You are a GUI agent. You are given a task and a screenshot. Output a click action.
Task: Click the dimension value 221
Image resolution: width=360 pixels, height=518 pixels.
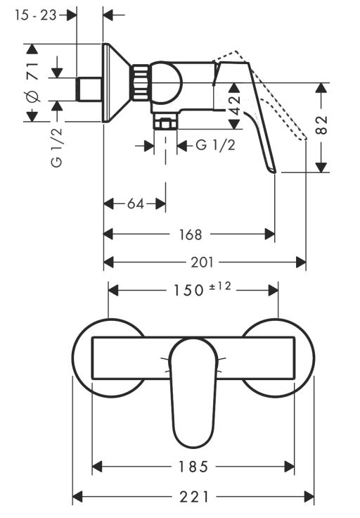(x=193, y=496)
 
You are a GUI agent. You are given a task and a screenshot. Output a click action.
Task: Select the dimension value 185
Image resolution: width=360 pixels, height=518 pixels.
(x=193, y=467)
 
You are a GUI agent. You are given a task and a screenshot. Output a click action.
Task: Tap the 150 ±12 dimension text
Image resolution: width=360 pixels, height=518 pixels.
(x=202, y=289)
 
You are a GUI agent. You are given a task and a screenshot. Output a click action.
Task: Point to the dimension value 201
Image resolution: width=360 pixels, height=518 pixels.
(x=202, y=263)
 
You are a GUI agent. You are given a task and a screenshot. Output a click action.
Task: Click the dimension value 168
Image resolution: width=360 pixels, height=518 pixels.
(x=191, y=234)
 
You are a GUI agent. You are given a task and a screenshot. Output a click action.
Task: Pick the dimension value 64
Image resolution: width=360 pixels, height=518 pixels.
(x=136, y=204)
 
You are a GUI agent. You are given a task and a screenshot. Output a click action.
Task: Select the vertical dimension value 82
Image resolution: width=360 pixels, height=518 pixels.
(x=321, y=125)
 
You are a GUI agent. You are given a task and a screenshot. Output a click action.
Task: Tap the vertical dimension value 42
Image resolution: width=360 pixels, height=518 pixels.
(x=235, y=106)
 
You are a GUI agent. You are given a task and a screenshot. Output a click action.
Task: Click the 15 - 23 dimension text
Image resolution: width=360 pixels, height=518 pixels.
(x=36, y=15)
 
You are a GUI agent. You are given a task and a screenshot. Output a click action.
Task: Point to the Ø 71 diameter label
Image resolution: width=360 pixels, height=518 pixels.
(x=33, y=82)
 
